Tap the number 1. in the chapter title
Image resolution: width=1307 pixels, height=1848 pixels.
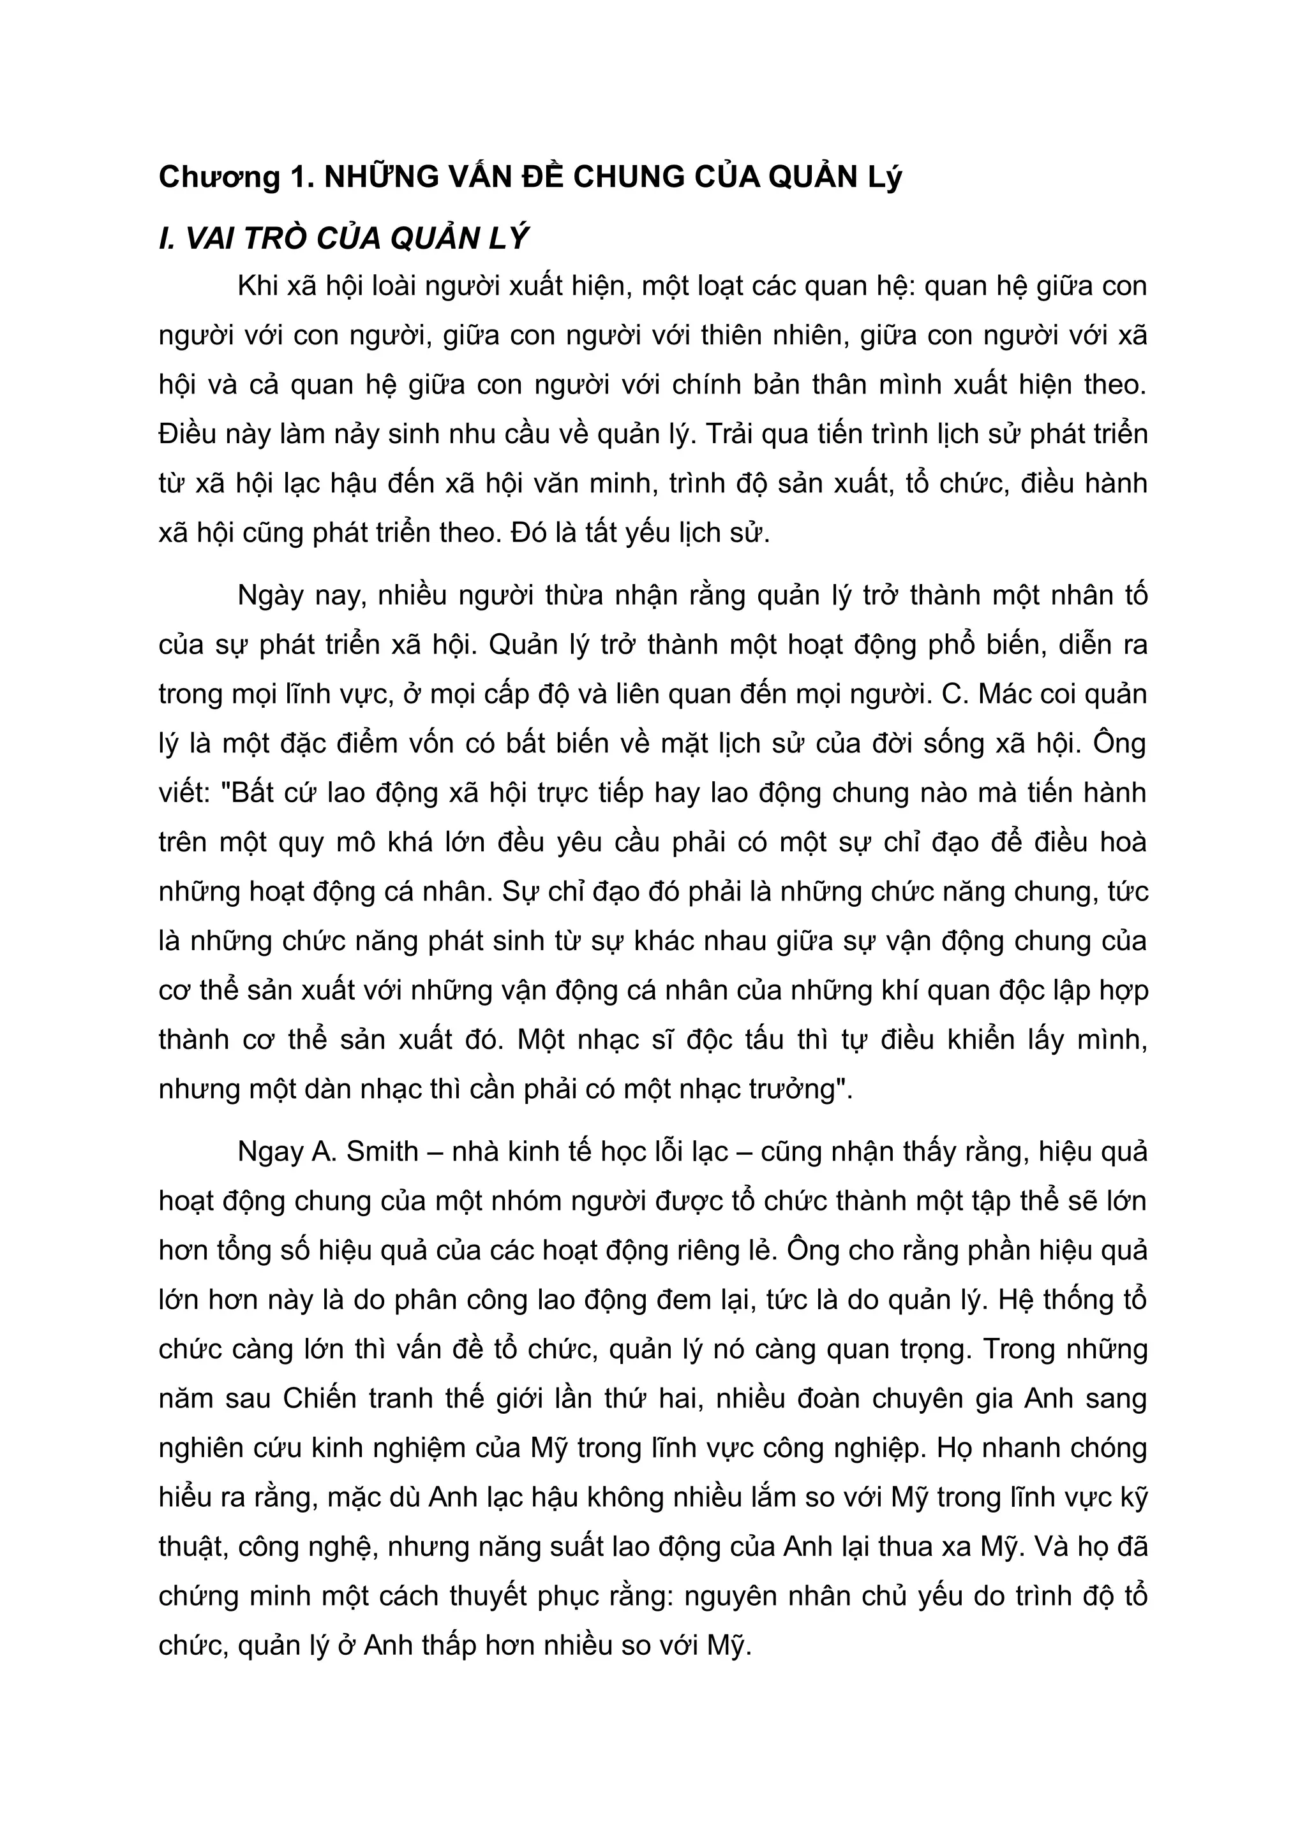tap(301, 177)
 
